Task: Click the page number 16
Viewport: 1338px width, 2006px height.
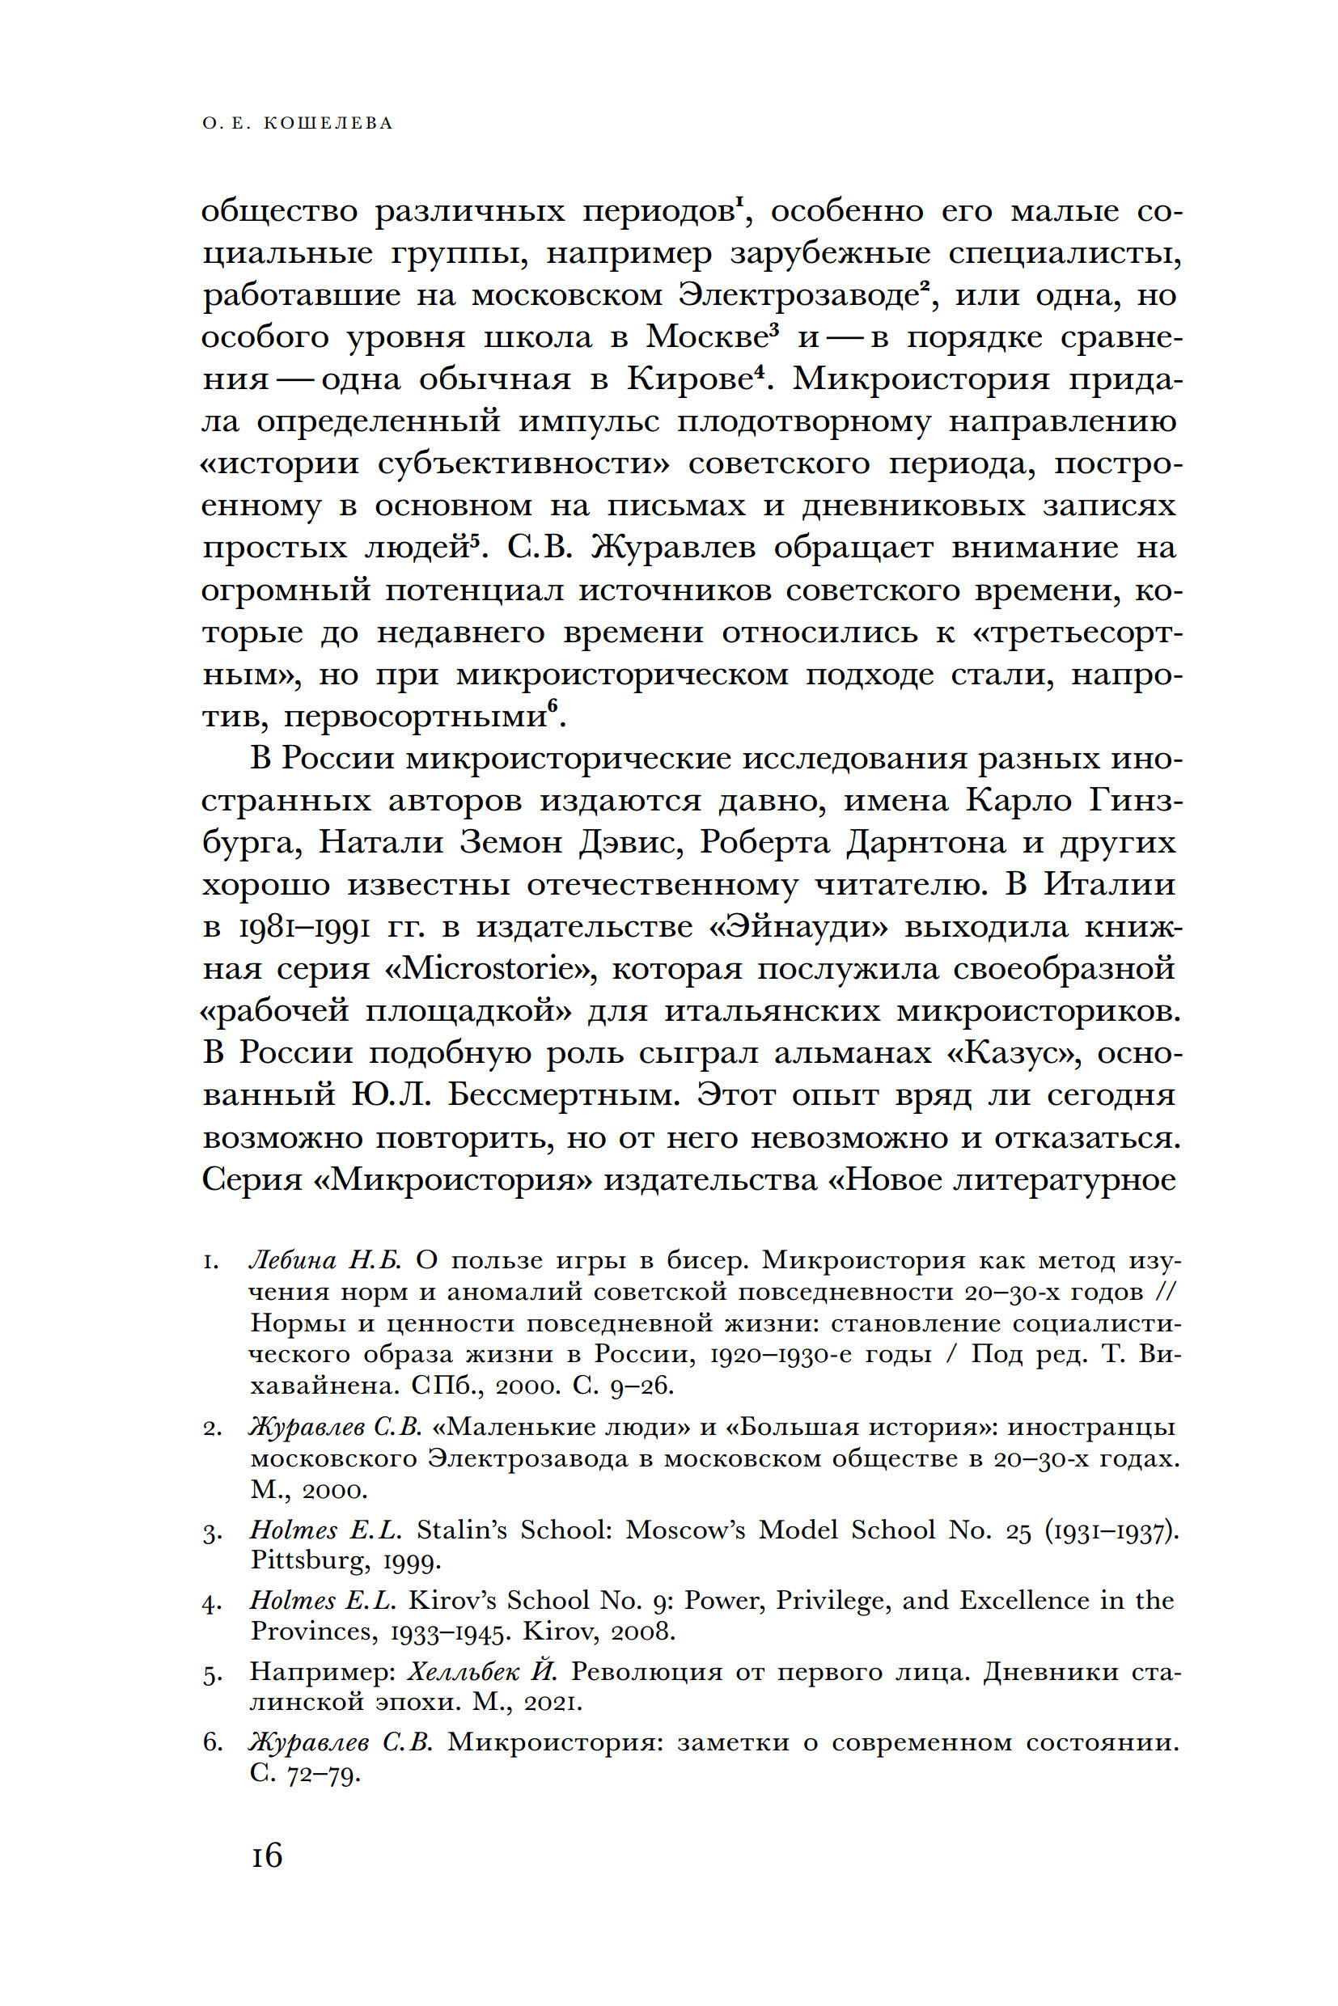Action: click(x=266, y=1856)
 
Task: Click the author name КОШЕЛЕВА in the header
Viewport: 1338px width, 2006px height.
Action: click(x=328, y=124)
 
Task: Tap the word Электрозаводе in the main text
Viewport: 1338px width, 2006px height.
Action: click(x=798, y=295)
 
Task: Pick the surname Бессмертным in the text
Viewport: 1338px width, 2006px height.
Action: click(x=562, y=1095)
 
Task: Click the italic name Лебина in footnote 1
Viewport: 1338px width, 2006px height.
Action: click(x=290, y=1261)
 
